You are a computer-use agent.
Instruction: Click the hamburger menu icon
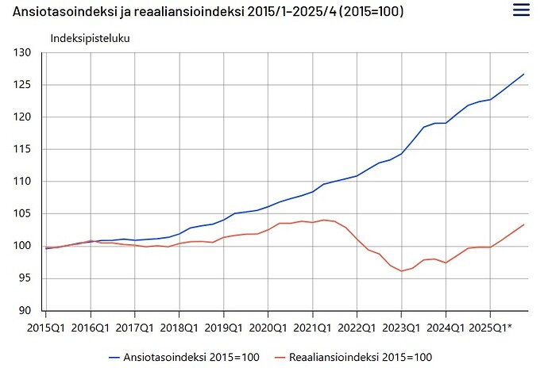coord(521,10)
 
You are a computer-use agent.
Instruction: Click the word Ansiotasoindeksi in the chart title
coord(64,11)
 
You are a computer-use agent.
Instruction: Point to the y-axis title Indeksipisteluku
coord(91,38)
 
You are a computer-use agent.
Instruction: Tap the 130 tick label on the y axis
coord(22,52)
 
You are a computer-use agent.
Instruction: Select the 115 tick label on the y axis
coord(22,149)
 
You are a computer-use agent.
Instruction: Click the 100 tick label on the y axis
coord(22,246)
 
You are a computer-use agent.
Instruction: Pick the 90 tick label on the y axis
coord(25,310)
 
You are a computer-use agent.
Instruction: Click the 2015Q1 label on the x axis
coord(46,328)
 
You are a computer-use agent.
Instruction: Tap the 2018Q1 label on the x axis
coord(179,328)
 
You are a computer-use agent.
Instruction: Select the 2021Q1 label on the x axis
coord(312,328)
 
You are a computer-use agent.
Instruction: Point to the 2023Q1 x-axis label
coord(401,328)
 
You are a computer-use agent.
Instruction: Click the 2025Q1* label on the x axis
coord(490,328)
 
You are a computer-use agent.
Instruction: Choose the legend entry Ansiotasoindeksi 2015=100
coord(184,357)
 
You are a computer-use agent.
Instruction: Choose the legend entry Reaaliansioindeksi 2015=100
coord(353,357)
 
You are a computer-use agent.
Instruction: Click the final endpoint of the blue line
coord(524,74)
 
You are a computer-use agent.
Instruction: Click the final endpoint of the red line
coord(524,224)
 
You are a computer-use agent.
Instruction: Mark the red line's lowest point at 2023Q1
coord(402,271)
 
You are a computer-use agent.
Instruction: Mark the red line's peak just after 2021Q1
coord(323,220)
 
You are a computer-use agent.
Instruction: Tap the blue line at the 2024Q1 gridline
coord(446,123)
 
